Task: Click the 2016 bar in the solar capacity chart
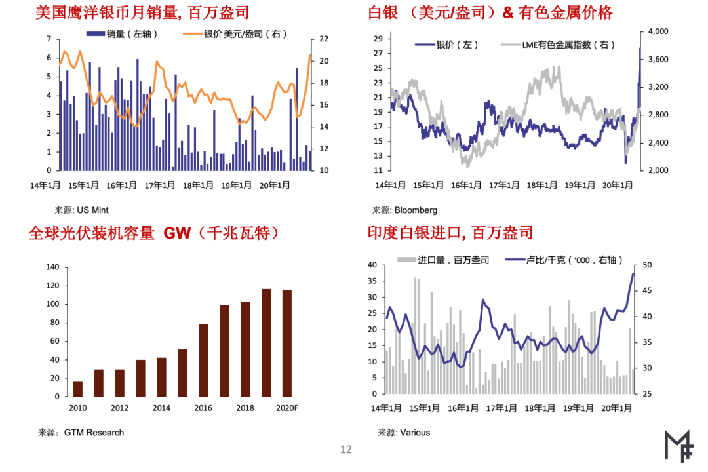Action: pyautogui.click(x=203, y=361)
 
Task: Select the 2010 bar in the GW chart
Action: pyautogui.click(x=78, y=389)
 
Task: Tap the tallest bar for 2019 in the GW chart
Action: pyautogui.click(x=266, y=343)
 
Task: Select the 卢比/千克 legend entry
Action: pyautogui.click(x=564, y=260)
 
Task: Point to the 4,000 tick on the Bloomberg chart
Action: pyautogui.click(x=657, y=31)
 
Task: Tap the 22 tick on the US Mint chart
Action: pyautogui.click(x=324, y=39)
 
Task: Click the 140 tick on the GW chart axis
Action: pyautogui.click(x=52, y=267)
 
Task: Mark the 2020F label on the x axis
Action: pyautogui.click(x=286, y=408)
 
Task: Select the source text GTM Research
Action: pyautogui.click(x=94, y=433)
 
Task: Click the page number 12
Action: pyautogui.click(x=345, y=450)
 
